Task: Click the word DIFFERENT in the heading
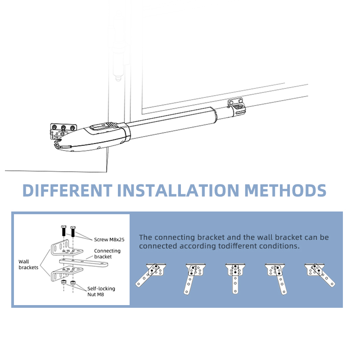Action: pos(67,190)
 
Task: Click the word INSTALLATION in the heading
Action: pos(178,190)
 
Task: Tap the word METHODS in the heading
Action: pos(285,190)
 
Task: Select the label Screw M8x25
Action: pos(109,239)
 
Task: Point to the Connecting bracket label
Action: pos(107,253)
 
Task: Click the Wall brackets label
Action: pos(28,265)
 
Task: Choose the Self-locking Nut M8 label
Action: pos(101,291)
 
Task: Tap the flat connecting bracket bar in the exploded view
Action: pos(84,263)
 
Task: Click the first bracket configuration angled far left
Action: pos(151,275)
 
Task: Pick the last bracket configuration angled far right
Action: pos(319,275)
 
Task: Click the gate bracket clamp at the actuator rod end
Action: pos(237,107)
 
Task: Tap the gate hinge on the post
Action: pos(118,46)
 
